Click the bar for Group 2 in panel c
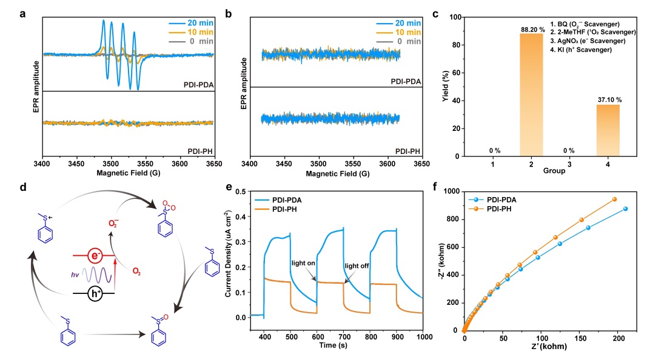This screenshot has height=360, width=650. (532, 94)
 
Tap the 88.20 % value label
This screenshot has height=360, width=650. (532, 28)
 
